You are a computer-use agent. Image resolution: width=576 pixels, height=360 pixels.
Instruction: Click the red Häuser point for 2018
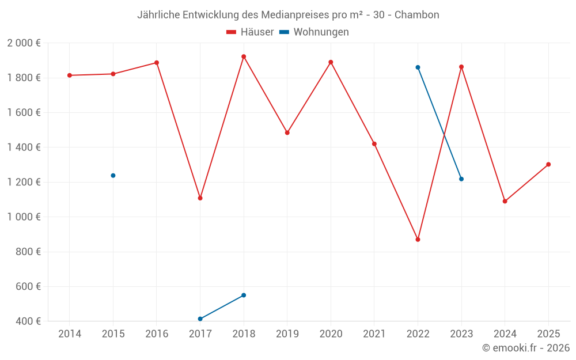pos(244,56)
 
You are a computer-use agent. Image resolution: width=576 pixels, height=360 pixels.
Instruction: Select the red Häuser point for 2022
pos(418,239)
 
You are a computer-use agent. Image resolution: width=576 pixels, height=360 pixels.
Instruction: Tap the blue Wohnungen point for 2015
pos(113,175)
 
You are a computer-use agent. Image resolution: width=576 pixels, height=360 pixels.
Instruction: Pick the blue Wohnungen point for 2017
pos(200,319)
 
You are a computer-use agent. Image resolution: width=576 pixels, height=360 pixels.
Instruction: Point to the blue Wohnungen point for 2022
pos(418,67)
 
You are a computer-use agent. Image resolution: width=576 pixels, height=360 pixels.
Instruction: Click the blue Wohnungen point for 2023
pos(461,179)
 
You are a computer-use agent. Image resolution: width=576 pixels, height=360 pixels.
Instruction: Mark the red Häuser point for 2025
pos(548,164)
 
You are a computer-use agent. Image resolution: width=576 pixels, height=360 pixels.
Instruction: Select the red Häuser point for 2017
pos(200,198)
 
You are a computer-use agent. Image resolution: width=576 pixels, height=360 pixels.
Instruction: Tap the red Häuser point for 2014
pos(70,75)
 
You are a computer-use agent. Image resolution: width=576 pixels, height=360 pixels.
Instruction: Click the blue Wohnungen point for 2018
pos(244,295)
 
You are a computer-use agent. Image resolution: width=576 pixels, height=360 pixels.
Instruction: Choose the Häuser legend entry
pos(250,32)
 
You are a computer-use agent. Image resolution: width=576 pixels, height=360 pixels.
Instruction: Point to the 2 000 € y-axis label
pos(24,43)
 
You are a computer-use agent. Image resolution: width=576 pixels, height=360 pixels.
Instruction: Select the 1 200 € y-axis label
pos(24,182)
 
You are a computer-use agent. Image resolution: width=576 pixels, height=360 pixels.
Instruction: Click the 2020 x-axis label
pos(331,334)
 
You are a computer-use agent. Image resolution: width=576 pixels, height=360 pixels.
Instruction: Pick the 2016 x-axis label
pos(157,334)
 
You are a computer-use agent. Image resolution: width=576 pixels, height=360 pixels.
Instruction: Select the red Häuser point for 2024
pos(505,201)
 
